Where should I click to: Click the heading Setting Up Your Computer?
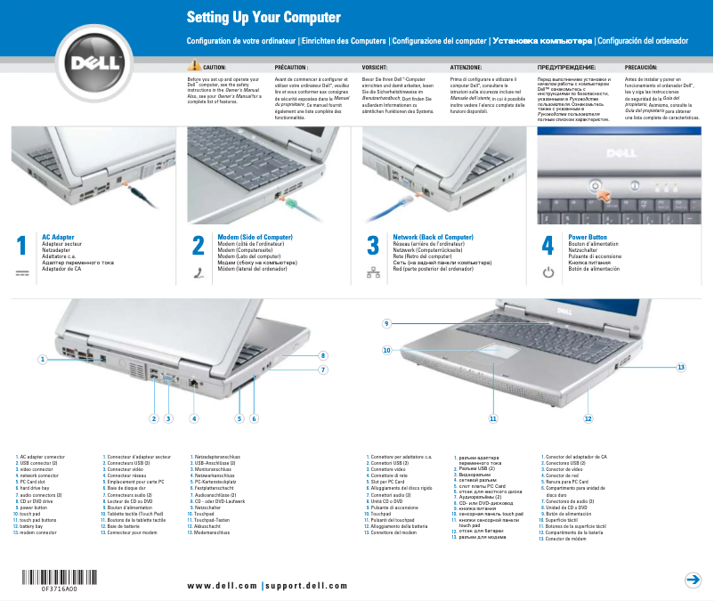(251, 18)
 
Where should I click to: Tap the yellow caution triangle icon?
(194, 67)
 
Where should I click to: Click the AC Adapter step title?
(58, 238)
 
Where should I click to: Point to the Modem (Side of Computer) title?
(255, 238)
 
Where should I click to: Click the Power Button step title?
(588, 238)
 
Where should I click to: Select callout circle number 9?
(387, 322)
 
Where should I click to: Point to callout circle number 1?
(42, 360)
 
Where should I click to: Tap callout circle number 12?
(588, 418)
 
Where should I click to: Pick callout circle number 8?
(324, 355)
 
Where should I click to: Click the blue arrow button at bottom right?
(693, 581)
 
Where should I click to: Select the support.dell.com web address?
(306, 586)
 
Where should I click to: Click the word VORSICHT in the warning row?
(374, 67)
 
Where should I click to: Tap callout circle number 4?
(194, 418)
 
